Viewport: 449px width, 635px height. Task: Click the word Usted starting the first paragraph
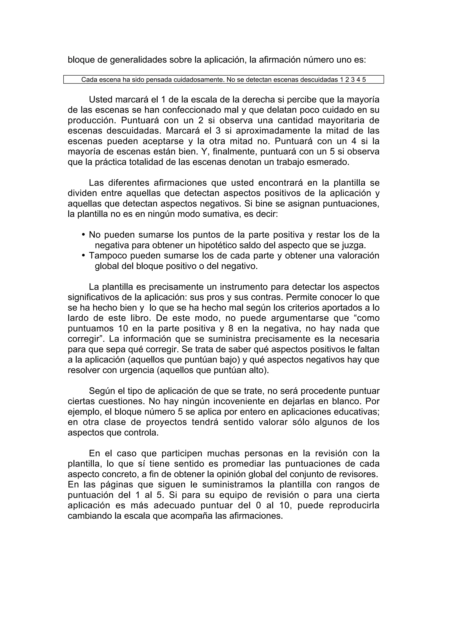(102, 99)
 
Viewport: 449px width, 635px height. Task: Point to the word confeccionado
(200, 110)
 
